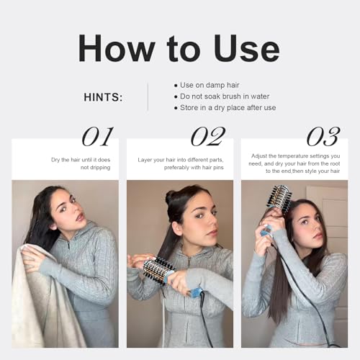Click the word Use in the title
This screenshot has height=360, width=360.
pyautogui.click(x=247, y=48)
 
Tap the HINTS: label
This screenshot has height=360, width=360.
pyautogui.click(x=103, y=97)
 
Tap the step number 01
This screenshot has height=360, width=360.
pyautogui.click(x=97, y=137)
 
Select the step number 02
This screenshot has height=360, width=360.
pyautogui.click(x=208, y=137)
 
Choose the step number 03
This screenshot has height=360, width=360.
pyautogui.click(x=323, y=137)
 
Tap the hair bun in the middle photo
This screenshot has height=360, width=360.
pyautogui.click(x=171, y=197)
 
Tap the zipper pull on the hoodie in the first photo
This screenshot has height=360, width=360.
pyautogui.click(x=68, y=246)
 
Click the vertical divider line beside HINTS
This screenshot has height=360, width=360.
pyautogui.click(x=148, y=96)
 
